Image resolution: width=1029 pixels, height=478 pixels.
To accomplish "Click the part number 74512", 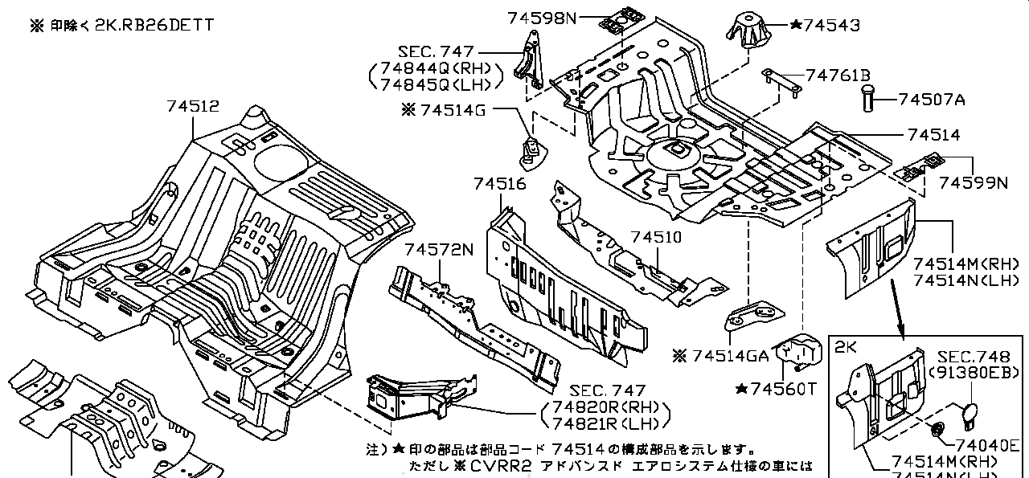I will pyautogui.click(x=193, y=106).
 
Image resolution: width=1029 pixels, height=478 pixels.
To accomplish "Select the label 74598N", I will pyautogui.click(x=542, y=17).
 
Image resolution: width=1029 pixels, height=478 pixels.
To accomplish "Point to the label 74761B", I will pyautogui.click(x=838, y=76).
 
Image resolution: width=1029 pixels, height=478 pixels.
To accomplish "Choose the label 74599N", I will pyautogui.click(x=973, y=183).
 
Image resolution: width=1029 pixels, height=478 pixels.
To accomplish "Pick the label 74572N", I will pyautogui.click(x=440, y=249).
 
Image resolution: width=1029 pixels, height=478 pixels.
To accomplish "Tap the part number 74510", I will pyautogui.click(x=656, y=237).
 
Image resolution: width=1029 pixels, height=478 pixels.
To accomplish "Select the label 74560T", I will pyautogui.click(x=783, y=389).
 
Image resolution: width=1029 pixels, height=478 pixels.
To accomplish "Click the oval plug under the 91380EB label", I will pyautogui.click(x=968, y=417).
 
